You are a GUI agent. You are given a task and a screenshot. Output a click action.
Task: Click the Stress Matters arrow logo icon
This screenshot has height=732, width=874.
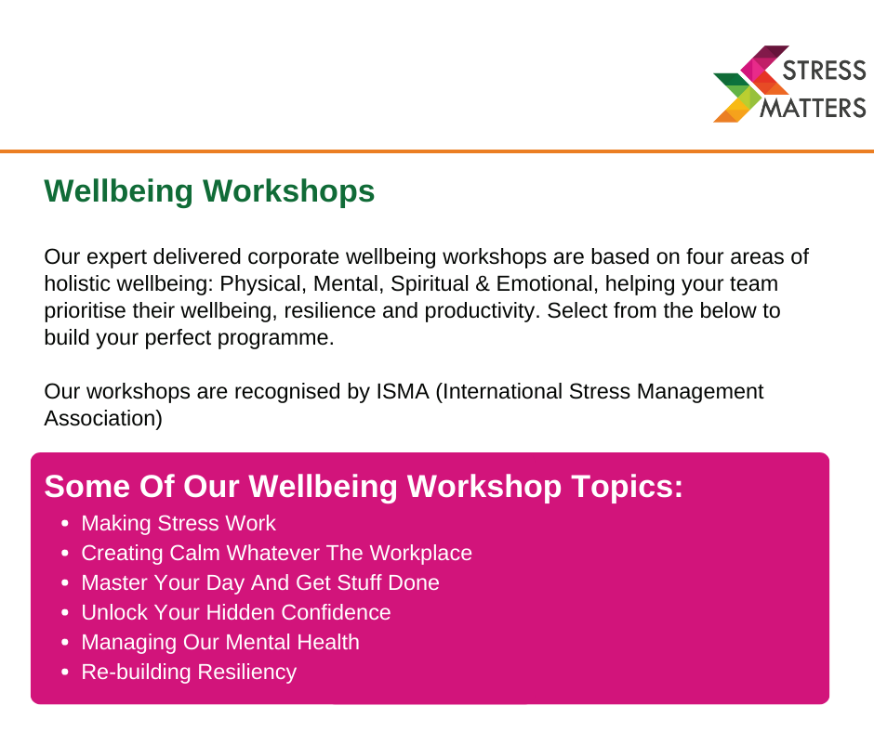click(x=749, y=84)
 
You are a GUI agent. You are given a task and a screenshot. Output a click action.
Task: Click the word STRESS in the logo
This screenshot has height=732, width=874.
click(x=825, y=71)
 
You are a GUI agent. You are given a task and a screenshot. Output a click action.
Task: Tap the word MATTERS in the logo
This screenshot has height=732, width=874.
click(x=814, y=108)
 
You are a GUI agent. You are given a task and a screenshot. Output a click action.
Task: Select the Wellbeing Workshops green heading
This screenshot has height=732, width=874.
click(x=209, y=191)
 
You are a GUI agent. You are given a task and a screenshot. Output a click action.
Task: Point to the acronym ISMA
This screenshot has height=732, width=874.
click(x=403, y=392)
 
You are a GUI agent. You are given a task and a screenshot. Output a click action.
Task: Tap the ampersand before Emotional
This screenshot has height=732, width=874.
click(x=483, y=284)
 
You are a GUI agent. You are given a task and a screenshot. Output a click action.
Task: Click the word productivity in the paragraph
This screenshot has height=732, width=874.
click(x=483, y=311)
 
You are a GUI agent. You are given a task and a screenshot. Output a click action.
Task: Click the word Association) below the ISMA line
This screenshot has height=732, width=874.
click(x=103, y=418)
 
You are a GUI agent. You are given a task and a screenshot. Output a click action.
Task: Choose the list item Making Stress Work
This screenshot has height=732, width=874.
click(x=179, y=524)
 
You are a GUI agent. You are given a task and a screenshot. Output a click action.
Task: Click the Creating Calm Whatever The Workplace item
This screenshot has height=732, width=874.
click(x=276, y=553)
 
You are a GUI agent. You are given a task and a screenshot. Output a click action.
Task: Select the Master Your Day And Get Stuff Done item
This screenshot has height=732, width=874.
click(x=260, y=582)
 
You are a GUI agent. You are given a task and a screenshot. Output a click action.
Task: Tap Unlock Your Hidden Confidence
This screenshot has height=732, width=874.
click(x=236, y=613)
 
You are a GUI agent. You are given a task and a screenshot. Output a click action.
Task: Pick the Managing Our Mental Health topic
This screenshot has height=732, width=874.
click(x=220, y=642)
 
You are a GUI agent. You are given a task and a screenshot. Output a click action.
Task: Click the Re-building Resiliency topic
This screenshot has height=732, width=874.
click(x=189, y=672)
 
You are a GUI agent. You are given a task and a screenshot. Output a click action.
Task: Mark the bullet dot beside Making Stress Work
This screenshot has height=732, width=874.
click(x=65, y=524)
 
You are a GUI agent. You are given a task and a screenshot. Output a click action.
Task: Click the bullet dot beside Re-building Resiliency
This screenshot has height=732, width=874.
click(x=65, y=673)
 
